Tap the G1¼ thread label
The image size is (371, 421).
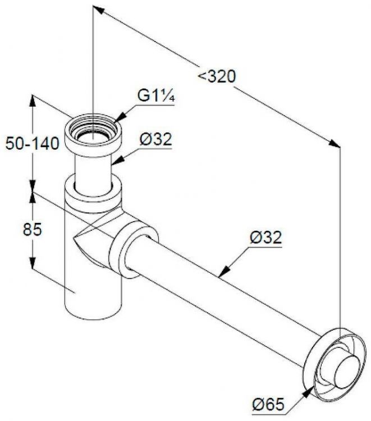158,96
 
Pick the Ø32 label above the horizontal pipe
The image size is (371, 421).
264,237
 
